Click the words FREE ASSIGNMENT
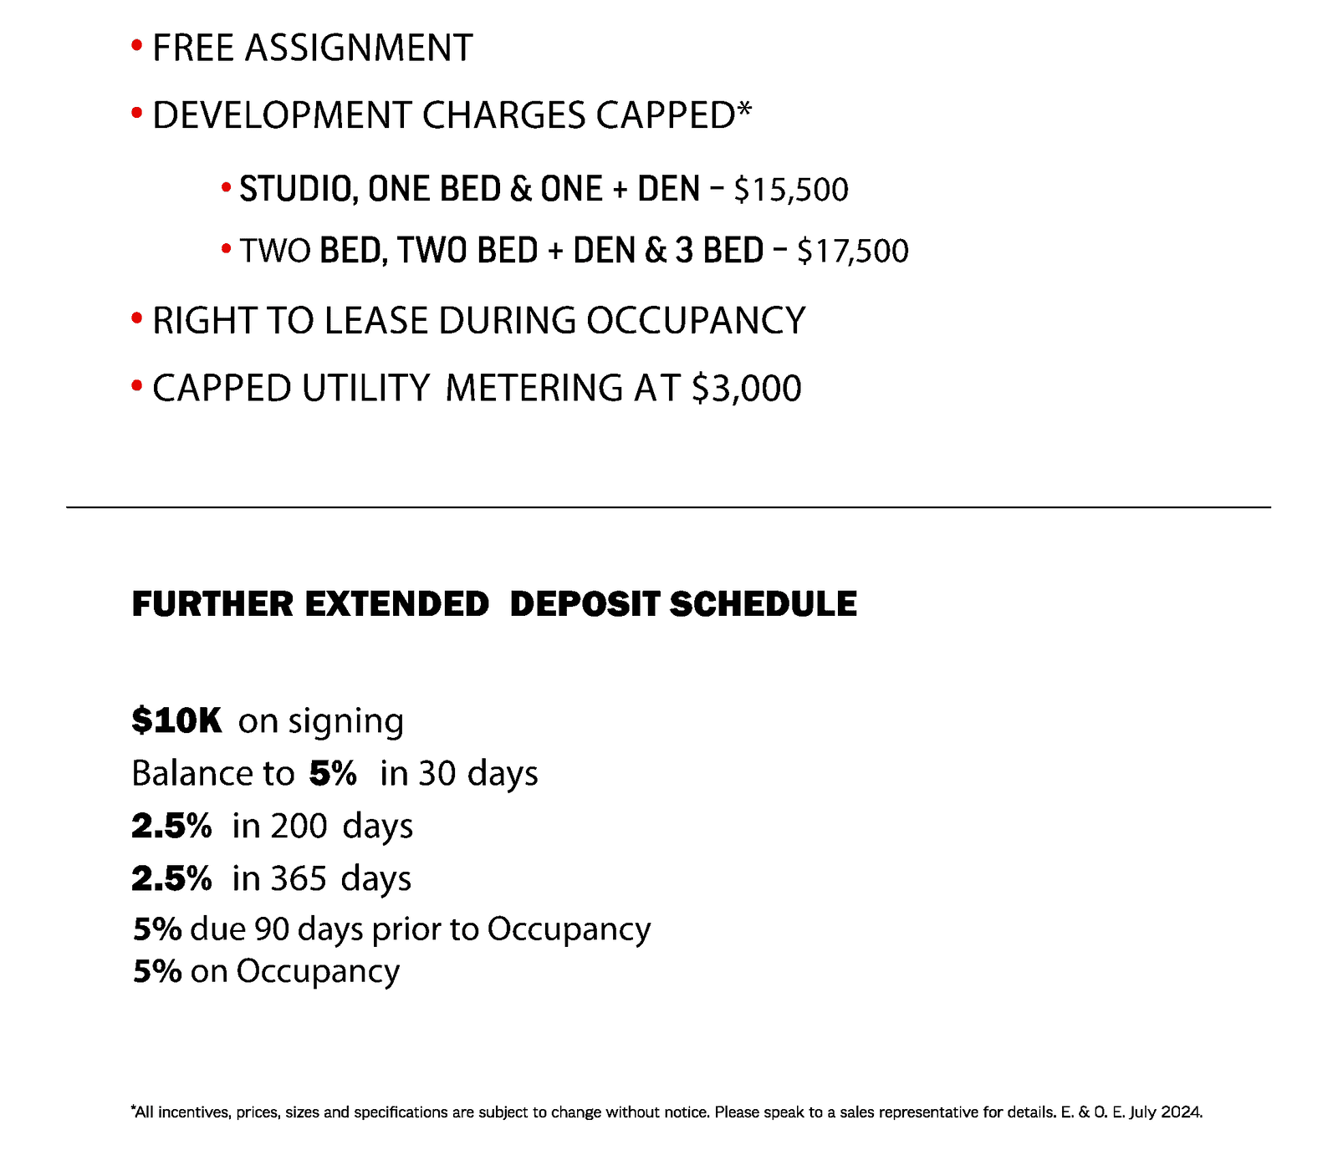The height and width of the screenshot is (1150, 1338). (312, 48)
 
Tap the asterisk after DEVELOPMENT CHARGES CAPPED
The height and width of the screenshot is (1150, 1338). (744, 109)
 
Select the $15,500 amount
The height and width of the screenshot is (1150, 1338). (790, 191)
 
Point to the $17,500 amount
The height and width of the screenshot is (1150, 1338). (852, 252)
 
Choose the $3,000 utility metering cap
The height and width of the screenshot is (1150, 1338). (746, 389)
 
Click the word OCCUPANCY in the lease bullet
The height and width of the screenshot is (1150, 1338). (695, 321)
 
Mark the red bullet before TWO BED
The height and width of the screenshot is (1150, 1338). (226, 248)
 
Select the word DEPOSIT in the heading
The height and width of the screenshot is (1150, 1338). (585, 604)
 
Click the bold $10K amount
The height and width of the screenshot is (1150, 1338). (176, 720)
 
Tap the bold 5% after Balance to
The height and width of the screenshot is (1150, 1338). (333, 773)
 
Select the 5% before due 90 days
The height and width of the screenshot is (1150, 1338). (157, 929)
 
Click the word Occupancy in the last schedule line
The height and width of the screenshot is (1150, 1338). (318, 972)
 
